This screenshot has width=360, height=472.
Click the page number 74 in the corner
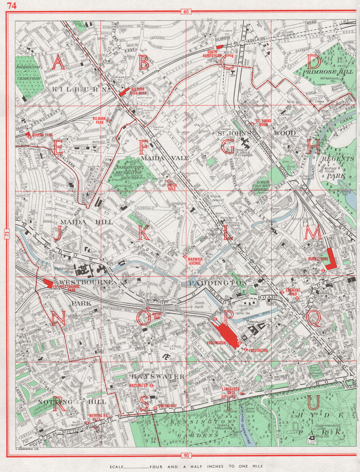[x=12, y=5]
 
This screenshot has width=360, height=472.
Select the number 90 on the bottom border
[x=186, y=456]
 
